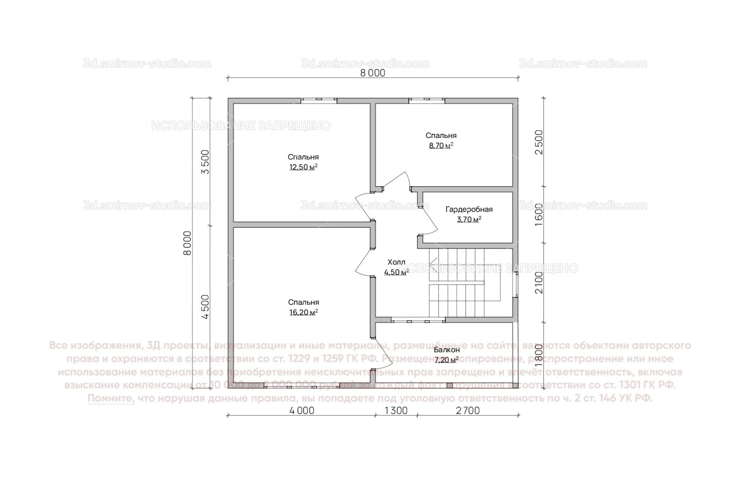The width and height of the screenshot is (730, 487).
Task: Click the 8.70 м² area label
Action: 441,146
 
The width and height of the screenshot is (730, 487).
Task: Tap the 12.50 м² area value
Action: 303,167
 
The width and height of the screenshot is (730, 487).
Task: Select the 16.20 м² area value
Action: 303,312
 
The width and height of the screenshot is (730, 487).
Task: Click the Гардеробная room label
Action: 469,210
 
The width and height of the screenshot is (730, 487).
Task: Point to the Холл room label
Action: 396,262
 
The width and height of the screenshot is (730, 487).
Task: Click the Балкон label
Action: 447,350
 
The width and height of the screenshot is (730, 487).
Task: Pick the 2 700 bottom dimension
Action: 468,411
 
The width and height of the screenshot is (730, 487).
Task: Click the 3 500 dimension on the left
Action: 205,162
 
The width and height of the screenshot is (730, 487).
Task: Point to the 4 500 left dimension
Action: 205,307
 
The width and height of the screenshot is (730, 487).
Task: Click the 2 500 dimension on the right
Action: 539,142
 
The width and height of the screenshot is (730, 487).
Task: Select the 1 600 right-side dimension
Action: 539,215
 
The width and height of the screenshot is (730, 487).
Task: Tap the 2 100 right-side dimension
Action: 539,283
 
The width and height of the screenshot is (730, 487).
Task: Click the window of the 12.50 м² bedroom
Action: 319,101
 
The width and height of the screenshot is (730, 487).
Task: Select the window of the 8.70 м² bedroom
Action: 427,101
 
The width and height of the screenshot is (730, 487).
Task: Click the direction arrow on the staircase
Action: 433,261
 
